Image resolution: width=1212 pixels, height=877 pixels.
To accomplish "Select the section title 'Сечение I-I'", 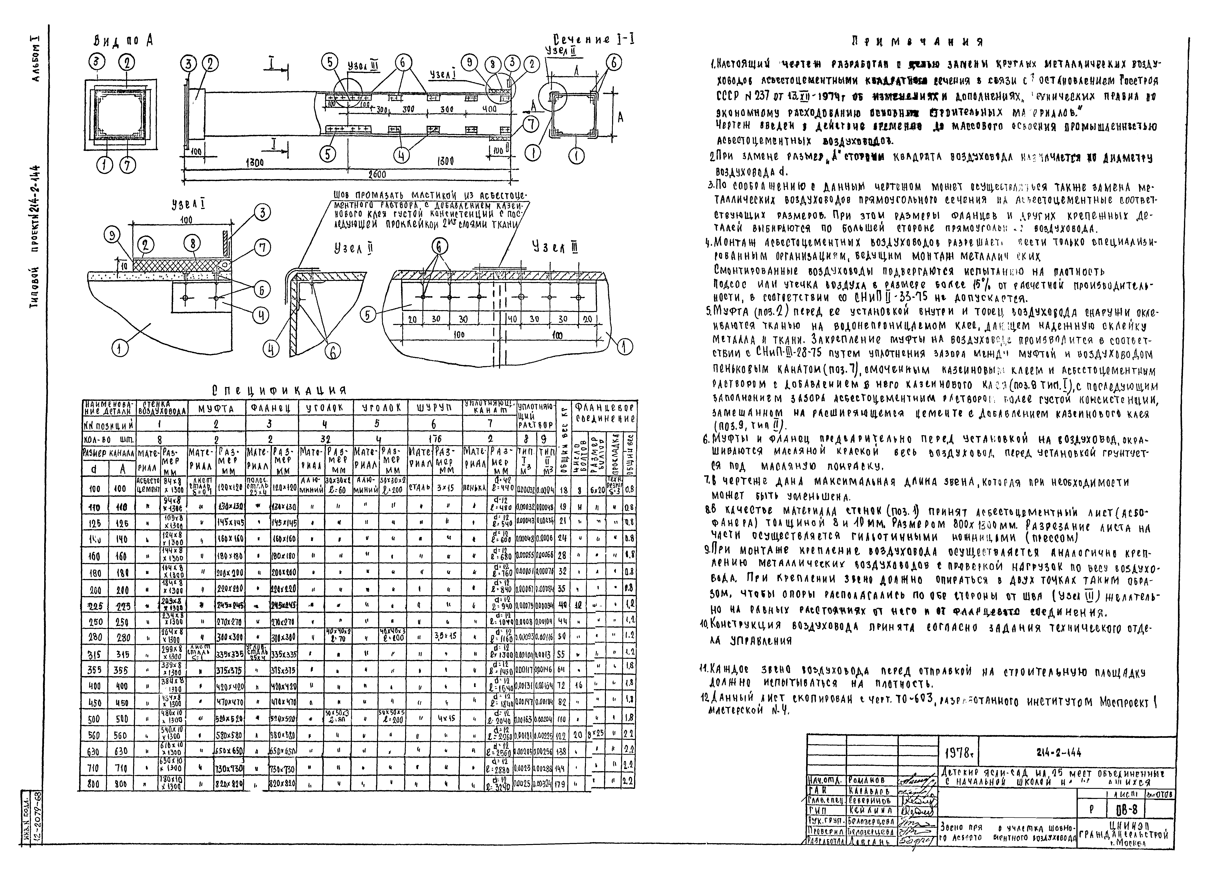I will pos(593,39).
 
